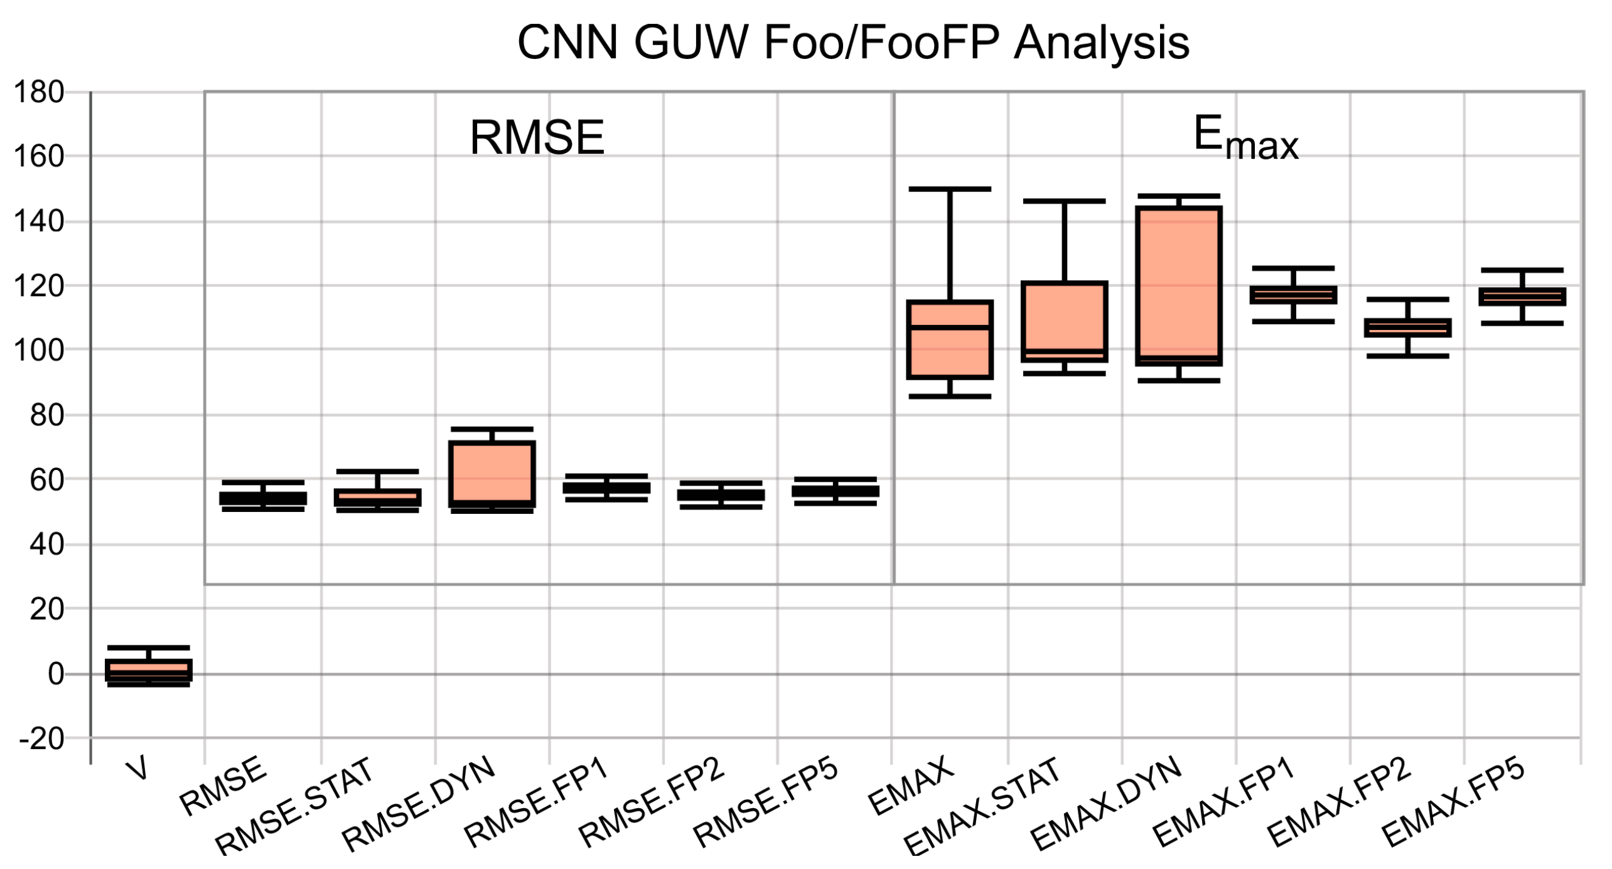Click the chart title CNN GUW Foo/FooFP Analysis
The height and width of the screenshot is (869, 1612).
pos(852,43)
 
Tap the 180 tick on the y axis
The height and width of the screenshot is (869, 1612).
pos(39,93)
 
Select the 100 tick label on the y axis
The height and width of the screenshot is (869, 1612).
pos(39,351)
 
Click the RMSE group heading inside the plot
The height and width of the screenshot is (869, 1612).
pos(537,137)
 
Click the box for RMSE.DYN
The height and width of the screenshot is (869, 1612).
pos(492,474)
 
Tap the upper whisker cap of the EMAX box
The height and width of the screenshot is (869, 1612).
pos(950,189)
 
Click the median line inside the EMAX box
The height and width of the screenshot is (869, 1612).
pos(950,327)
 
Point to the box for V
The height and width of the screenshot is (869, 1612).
pos(149,670)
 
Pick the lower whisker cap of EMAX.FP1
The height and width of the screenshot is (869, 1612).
pos(1293,321)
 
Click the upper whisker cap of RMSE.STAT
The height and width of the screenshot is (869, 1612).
pos(377,471)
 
